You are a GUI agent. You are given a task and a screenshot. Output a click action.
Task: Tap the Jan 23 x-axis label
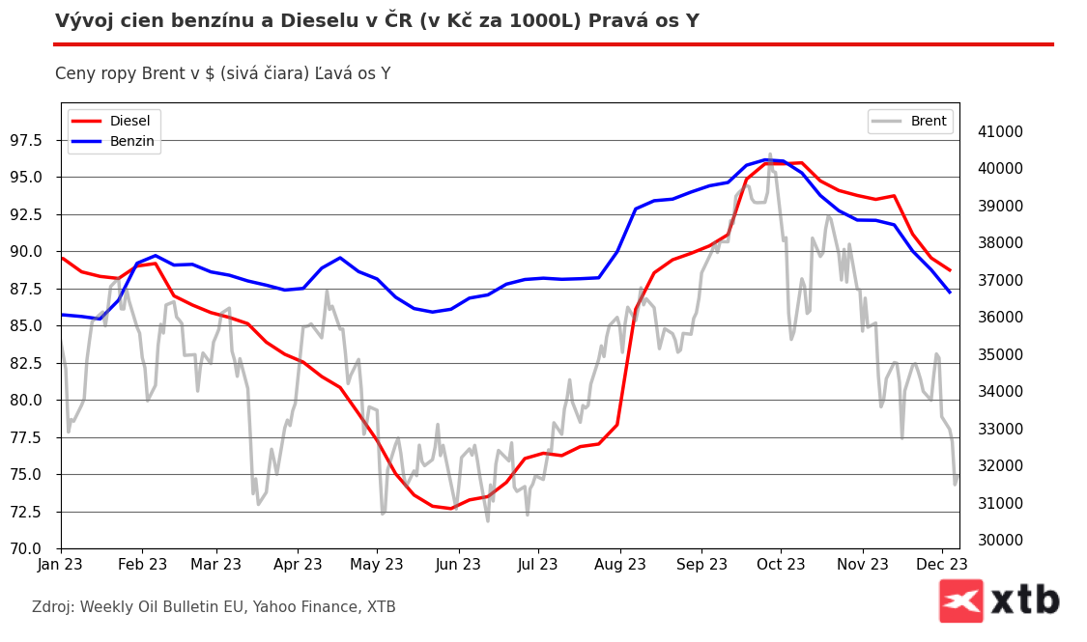pyautogui.click(x=61, y=564)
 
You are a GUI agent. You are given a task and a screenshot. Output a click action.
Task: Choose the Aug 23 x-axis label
pyautogui.click(x=619, y=564)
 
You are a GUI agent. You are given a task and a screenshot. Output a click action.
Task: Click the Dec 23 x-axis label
pyautogui.click(x=941, y=564)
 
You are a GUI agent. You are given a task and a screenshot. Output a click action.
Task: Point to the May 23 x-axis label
pyautogui.click(x=375, y=564)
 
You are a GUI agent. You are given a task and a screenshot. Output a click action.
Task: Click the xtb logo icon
pyautogui.click(x=960, y=600)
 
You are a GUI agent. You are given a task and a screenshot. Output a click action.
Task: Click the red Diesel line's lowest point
pyautogui.click(x=450, y=508)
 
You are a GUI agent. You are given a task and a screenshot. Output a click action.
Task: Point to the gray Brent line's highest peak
pyautogui.click(x=770, y=154)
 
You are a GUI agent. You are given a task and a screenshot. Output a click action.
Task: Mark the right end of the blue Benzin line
pyautogui.click(x=950, y=292)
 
